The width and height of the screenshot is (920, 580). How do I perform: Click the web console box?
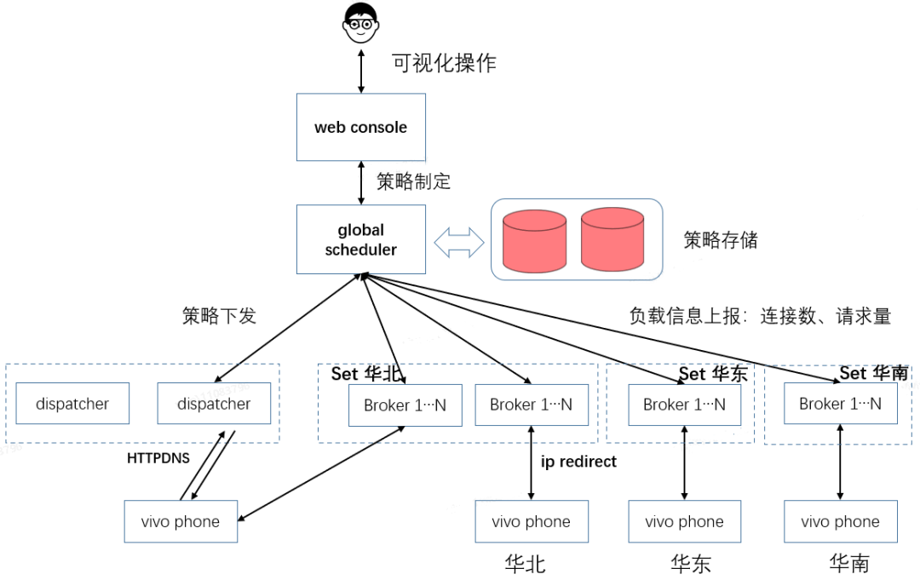point(360,127)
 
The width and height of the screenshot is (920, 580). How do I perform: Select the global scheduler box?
point(360,239)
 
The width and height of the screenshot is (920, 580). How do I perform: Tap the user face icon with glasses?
point(361,24)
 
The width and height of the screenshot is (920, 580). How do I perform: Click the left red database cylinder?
point(534,241)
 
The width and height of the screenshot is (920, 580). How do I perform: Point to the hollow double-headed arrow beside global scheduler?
point(458,242)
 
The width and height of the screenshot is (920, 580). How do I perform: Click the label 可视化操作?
point(443,63)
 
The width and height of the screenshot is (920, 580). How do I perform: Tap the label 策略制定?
point(413,181)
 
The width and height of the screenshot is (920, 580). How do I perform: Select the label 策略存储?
point(720,240)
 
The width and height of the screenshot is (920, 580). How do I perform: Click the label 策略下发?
point(219,316)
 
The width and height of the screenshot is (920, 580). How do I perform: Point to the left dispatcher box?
point(72,404)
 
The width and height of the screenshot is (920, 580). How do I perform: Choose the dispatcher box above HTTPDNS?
point(214,404)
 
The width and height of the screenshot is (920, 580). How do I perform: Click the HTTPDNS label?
point(159,458)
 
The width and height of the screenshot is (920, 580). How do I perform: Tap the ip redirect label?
point(579,462)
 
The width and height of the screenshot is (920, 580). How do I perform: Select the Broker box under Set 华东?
point(684,405)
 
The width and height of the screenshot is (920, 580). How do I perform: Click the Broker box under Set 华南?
point(840,403)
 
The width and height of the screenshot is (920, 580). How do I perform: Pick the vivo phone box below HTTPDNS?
point(181,522)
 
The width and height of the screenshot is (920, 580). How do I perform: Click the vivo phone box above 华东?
point(684,522)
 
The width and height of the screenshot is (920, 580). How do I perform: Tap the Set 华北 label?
point(365,373)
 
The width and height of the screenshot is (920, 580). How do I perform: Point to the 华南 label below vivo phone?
point(848,563)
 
